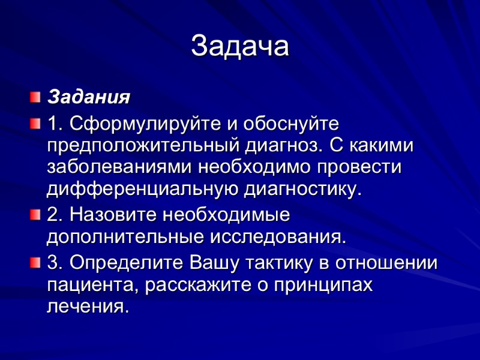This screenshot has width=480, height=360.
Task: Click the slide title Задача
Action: pos(240,46)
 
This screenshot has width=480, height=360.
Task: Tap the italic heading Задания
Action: pos(89,96)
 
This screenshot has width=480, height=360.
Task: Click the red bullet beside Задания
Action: pos(36,96)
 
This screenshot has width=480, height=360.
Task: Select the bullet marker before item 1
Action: pos(36,124)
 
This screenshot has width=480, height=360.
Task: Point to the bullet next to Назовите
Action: pos(36,214)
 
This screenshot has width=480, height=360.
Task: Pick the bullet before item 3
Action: pos(36,262)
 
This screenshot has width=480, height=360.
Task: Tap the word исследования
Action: pos(278,236)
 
